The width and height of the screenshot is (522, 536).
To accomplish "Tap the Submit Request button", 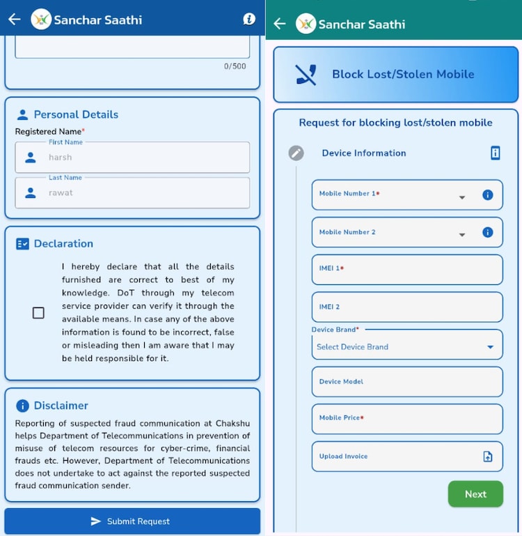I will pyautogui.click(x=132, y=521).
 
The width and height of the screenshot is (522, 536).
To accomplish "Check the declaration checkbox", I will pyautogui.click(x=38, y=313).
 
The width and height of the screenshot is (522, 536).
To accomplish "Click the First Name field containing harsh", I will pyautogui.click(x=132, y=158).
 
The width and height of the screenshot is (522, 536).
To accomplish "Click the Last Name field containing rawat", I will pyautogui.click(x=132, y=193).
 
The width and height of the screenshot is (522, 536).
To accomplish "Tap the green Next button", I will pyautogui.click(x=475, y=494).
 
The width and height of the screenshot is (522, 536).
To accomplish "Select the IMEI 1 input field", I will pyautogui.click(x=407, y=269).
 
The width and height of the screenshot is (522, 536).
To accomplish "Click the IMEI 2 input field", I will pyautogui.click(x=407, y=307).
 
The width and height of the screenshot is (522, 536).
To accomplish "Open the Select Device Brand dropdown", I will pyautogui.click(x=407, y=346).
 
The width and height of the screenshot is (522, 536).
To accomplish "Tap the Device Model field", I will pyautogui.click(x=407, y=382).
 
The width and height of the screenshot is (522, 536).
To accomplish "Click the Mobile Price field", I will pyautogui.click(x=407, y=419).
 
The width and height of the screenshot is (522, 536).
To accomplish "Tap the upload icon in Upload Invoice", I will pyautogui.click(x=488, y=457).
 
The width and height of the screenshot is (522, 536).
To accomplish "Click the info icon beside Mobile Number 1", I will pyautogui.click(x=488, y=195).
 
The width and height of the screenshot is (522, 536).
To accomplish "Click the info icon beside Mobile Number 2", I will pyautogui.click(x=488, y=232).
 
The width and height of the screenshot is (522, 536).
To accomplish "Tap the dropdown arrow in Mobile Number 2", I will pyautogui.click(x=462, y=235).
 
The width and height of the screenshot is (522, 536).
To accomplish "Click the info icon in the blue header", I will pyautogui.click(x=249, y=19).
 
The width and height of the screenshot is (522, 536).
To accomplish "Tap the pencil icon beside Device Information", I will pyautogui.click(x=296, y=153).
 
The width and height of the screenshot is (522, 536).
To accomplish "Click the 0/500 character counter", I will pyautogui.click(x=235, y=66).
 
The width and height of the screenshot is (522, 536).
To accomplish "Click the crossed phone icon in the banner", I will pyautogui.click(x=306, y=75).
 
